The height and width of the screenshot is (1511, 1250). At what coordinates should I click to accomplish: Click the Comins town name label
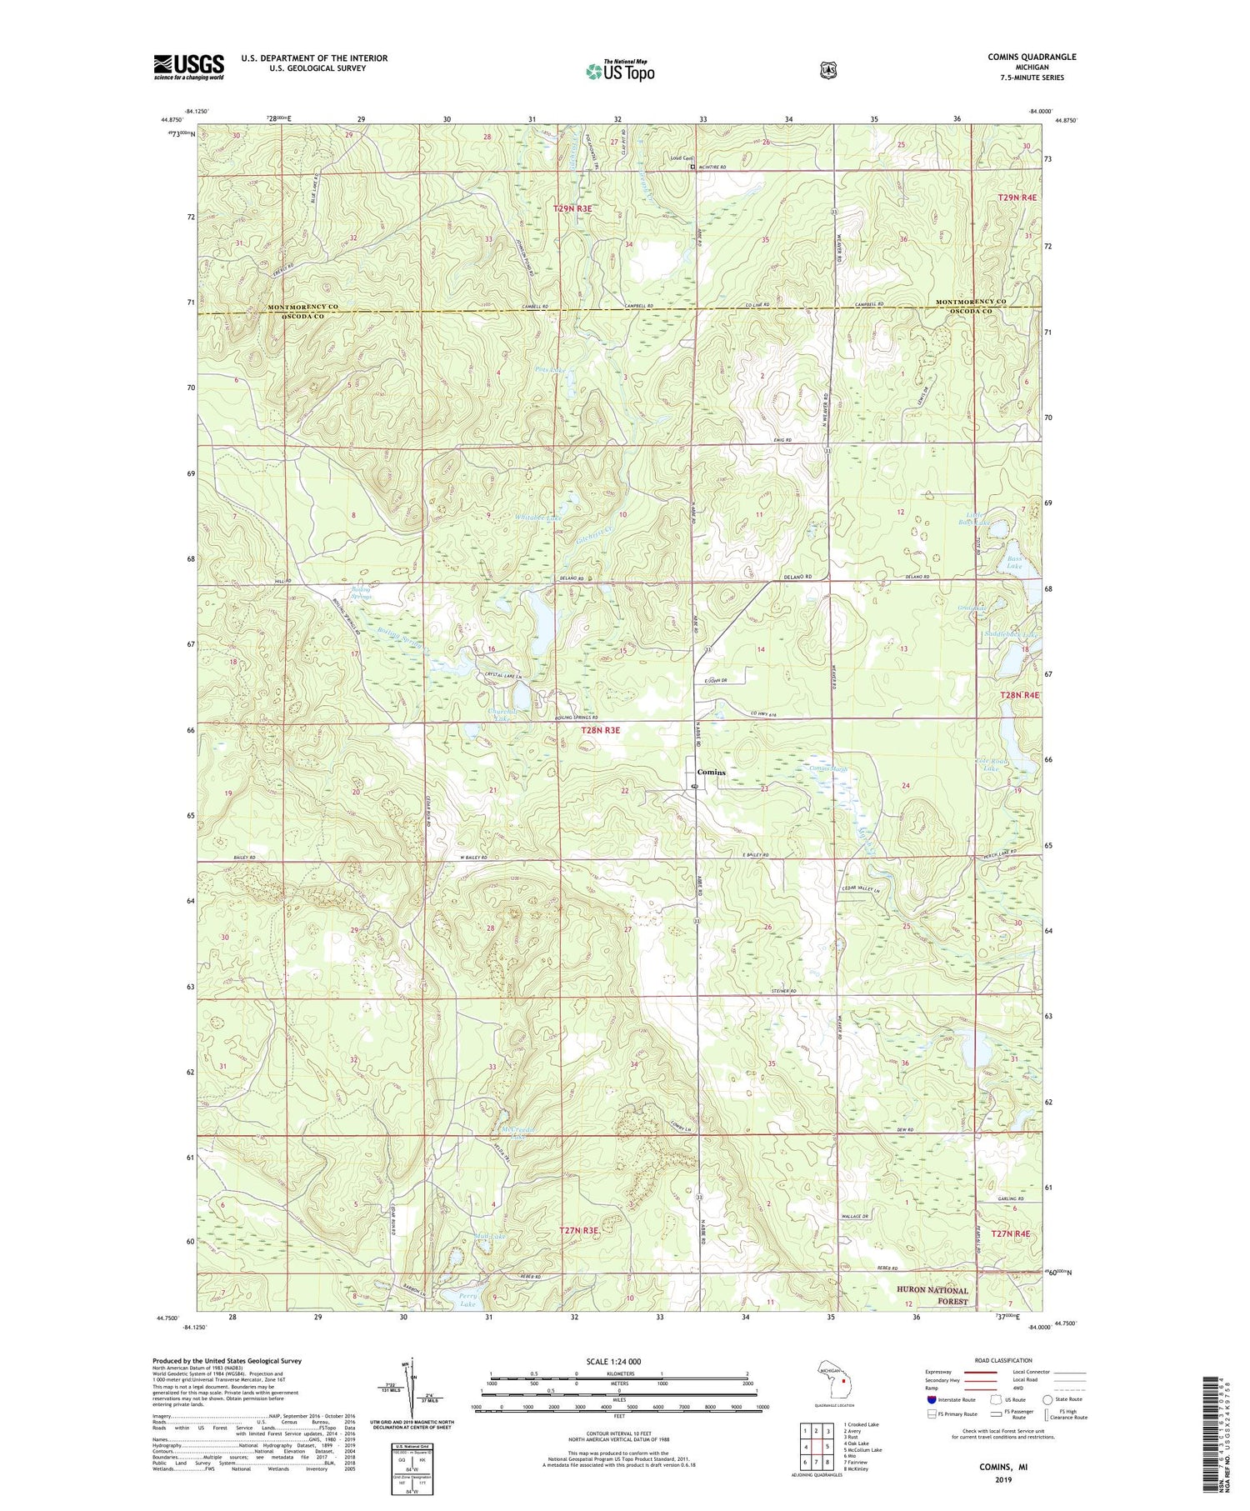click(x=711, y=772)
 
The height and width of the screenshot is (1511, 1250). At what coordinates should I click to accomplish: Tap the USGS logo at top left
click(x=188, y=67)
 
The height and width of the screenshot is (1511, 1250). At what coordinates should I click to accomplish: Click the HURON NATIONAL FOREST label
click(x=932, y=1296)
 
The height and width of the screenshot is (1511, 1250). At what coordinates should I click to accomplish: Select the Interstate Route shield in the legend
click(x=931, y=1399)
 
